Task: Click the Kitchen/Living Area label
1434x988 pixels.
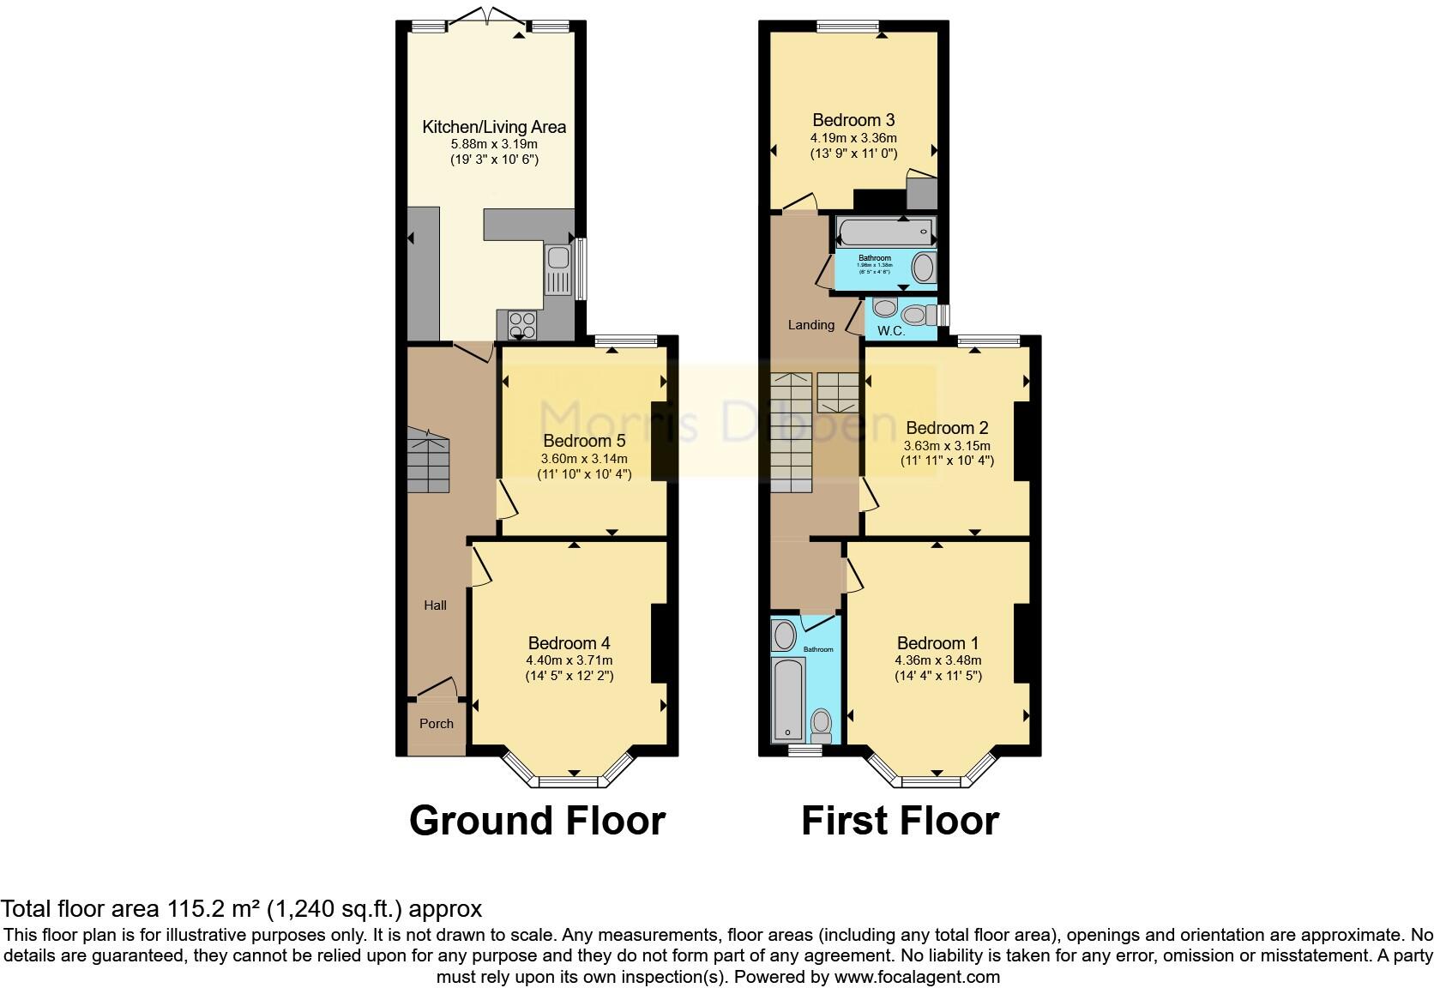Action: [x=494, y=127]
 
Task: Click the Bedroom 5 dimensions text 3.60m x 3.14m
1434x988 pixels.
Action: [x=584, y=459]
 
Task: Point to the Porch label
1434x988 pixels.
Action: [x=436, y=724]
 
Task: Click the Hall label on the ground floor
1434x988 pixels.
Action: [x=435, y=605]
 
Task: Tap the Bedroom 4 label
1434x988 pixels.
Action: [x=569, y=643]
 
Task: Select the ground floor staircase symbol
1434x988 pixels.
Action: [x=428, y=462]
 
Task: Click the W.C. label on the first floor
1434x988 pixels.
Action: [x=891, y=330]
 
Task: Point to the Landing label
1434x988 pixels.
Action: [x=810, y=325]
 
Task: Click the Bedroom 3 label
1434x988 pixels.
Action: [x=853, y=120]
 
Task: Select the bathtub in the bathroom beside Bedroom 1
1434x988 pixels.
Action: [x=786, y=698]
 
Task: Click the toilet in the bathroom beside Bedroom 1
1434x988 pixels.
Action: [x=821, y=724]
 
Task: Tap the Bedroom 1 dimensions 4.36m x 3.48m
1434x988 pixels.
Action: [x=937, y=660]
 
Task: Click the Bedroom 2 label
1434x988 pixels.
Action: [x=947, y=428]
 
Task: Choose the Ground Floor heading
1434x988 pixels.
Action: [x=537, y=821]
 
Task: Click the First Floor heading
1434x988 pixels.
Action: [x=900, y=821]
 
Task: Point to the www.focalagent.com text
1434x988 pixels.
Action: [x=916, y=977]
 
